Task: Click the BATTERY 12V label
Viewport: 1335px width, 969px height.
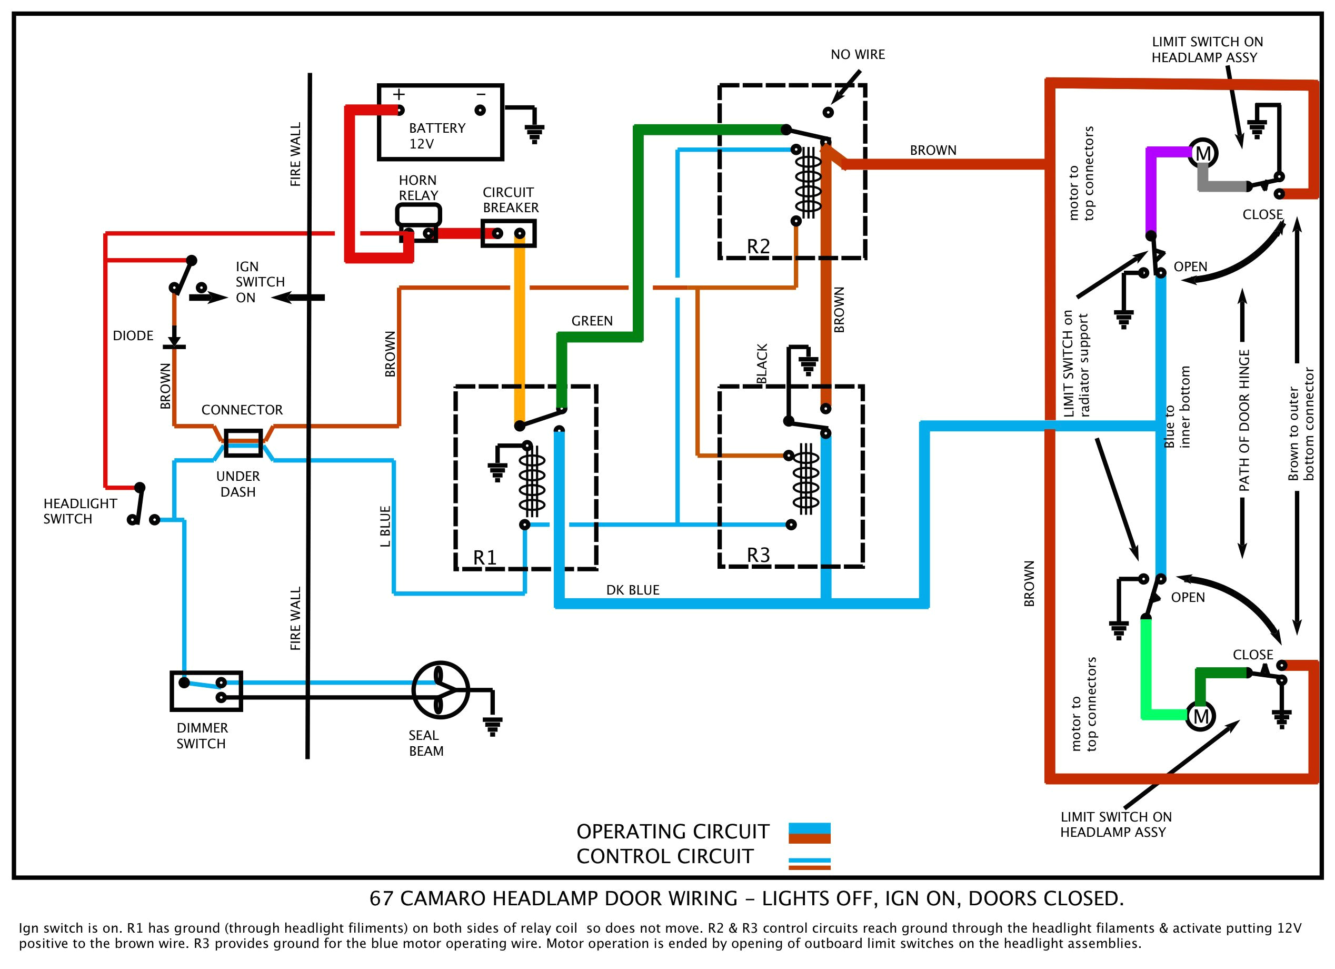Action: pos(436,136)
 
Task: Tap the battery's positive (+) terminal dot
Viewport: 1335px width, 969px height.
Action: pos(400,110)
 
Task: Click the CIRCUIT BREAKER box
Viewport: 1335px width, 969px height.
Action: pos(508,233)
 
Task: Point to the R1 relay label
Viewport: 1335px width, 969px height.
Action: pos(484,557)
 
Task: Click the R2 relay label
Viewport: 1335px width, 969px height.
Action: pos(758,246)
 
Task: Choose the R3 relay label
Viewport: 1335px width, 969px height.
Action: pos(758,555)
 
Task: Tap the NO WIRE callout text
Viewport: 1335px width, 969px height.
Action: pos(857,55)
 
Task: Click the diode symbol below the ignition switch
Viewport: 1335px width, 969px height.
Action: pos(174,342)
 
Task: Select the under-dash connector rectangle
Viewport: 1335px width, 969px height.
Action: pos(243,443)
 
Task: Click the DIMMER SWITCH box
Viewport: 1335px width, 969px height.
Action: pos(206,690)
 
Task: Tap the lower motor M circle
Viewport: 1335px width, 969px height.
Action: pos(1200,716)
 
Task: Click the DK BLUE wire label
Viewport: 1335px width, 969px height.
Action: pos(632,590)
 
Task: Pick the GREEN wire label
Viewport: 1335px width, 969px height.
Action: pos(592,321)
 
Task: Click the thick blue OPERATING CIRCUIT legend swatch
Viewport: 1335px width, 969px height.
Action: pos(809,829)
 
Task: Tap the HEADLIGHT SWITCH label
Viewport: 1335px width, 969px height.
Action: pos(79,511)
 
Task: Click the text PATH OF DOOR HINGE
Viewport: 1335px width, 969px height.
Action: pos(1244,421)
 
